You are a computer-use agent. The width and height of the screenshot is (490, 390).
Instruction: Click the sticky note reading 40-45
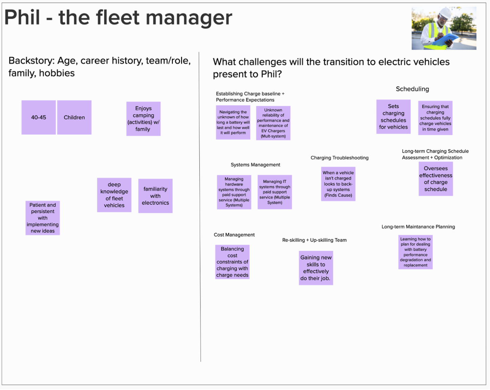39,117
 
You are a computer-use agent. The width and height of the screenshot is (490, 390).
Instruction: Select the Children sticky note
74,117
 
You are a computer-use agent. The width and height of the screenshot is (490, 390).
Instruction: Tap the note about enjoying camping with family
143,119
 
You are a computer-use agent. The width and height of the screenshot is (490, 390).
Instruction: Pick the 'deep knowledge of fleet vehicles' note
114,195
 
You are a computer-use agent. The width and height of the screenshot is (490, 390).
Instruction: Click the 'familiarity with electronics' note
155,196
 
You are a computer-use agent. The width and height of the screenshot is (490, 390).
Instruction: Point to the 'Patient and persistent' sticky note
43,218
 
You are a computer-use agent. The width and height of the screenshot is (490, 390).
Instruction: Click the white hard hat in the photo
445,14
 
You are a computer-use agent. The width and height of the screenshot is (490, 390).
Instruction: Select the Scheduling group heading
412,89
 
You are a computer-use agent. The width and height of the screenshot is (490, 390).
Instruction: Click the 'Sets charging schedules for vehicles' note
393,117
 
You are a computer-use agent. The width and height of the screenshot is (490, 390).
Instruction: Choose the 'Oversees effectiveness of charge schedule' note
436,179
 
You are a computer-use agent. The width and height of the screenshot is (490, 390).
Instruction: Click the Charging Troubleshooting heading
339,158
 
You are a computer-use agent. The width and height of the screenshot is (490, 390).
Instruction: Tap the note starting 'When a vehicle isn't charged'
338,184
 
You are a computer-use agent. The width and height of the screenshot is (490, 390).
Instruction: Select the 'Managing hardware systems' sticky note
234,192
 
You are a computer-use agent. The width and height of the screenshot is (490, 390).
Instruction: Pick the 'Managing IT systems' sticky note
274,192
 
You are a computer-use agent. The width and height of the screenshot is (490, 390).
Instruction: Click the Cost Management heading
234,235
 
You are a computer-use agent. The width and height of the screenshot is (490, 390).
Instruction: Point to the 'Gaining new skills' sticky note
316,268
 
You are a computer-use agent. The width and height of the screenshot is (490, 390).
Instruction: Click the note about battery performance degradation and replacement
415,252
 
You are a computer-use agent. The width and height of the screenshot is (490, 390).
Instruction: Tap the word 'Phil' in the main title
22,18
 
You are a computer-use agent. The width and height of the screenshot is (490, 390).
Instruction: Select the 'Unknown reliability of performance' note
273,123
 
